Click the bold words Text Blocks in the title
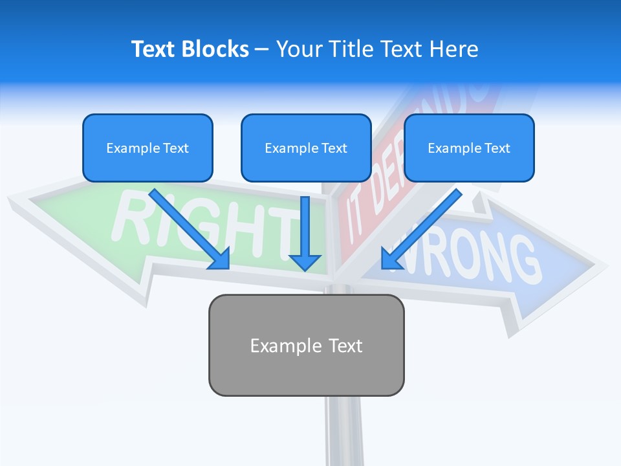[190, 49]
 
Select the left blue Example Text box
[147, 148]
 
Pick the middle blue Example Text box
[306, 148]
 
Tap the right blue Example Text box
[469, 148]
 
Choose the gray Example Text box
[306, 345]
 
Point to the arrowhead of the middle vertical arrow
[305, 262]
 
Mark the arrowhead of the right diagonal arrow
[389, 260]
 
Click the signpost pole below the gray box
[343, 430]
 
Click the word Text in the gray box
[345, 346]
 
